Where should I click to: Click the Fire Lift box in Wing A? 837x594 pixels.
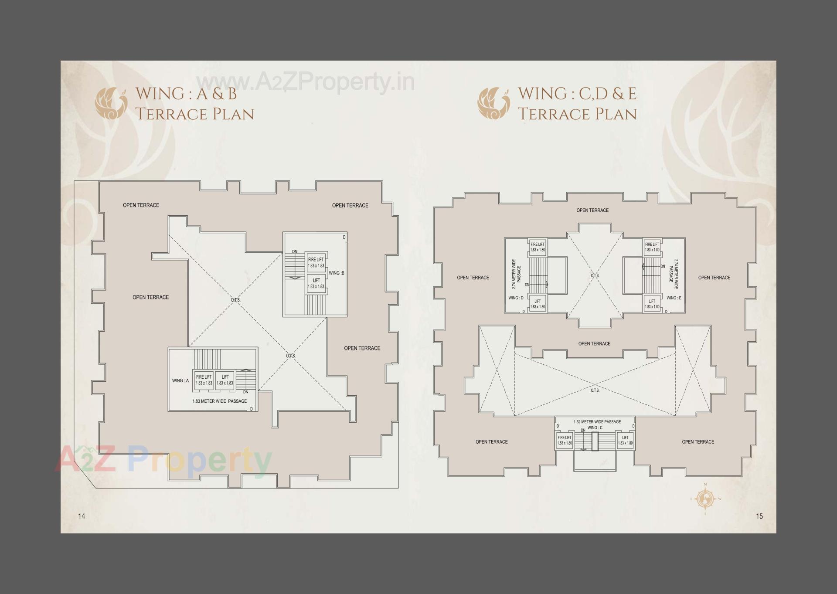(x=204, y=380)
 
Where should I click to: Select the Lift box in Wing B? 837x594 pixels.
(x=316, y=283)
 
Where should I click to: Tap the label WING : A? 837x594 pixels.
(x=180, y=380)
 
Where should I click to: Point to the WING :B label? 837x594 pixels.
(x=337, y=273)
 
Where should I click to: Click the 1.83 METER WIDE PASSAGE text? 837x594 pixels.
(x=219, y=401)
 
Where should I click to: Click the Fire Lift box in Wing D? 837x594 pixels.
(x=537, y=247)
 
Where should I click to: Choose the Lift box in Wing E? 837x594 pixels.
(x=652, y=304)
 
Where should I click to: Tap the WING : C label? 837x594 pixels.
(x=595, y=428)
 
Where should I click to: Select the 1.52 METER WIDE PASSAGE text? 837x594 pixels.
(x=597, y=422)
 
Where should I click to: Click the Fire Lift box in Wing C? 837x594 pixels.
(x=564, y=440)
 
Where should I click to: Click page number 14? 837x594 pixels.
(x=82, y=516)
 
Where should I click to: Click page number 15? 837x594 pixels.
(x=759, y=516)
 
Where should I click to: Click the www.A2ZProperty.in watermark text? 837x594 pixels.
(x=305, y=82)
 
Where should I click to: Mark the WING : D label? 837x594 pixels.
(x=516, y=298)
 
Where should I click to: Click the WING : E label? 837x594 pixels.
(x=674, y=298)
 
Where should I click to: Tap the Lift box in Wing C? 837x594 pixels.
(x=625, y=440)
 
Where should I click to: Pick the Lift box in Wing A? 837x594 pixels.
(x=225, y=380)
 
